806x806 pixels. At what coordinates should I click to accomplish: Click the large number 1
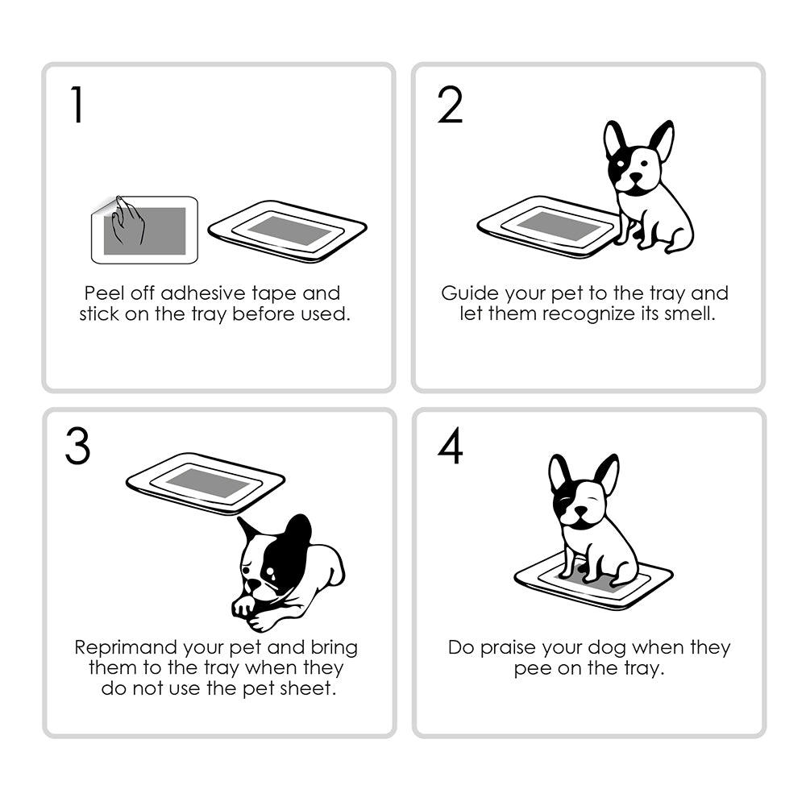pyautogui.click(x=77, y=105)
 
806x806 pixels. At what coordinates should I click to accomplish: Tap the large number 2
pyautogui.click(x=450, y=105)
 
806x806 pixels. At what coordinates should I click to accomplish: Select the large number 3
pyautogui.click(x=77, y=448)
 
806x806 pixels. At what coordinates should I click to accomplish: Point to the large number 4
pyautogui.click(x=450, y=448)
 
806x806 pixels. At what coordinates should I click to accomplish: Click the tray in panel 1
pyautogui.click(x=288, y=231)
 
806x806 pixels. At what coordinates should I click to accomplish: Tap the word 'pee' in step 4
pyautogui.click(x=531, y=668)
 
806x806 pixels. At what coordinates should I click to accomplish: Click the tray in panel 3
pyautogui.click(x=206, y=483)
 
